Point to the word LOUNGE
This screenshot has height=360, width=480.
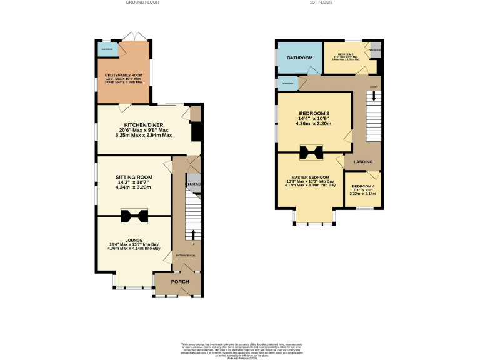pos(134,240)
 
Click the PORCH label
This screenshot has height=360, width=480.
pos(180,281)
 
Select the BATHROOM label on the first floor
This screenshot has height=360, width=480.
pos(299,58)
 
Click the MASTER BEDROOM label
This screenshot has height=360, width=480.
pos(310,177)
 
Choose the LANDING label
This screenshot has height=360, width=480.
pos(363,162)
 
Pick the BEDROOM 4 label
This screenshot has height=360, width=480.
pos(363,187)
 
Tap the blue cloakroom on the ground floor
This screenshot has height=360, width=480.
pos(107,48)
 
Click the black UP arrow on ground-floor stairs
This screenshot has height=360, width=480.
pos(193,234)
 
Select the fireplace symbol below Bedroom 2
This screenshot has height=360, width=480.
pos(311,152)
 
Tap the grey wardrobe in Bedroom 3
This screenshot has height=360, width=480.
pos(375,52)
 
